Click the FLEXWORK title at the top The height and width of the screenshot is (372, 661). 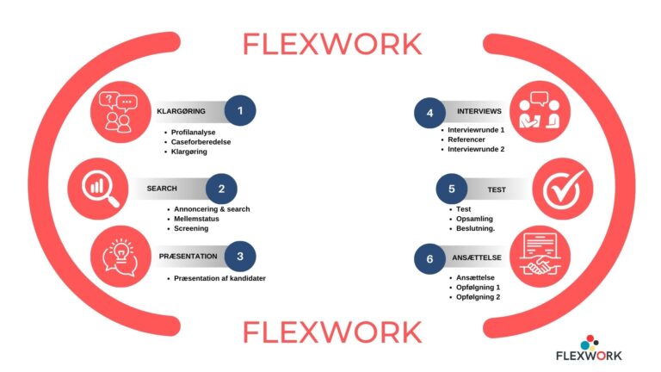(x=331, y=43)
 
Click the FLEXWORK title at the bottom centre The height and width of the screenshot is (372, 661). (x=331, y=331)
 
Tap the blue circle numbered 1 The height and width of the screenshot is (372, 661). (x=240, y=111)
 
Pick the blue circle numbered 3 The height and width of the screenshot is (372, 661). (x=240, y=256)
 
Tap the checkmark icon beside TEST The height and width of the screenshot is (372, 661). (x=564, y=188)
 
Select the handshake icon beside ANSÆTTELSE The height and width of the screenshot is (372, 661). (x=541, y=257)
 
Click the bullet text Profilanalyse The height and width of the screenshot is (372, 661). (x=195, y=133)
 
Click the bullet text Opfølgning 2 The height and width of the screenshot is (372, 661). (x=479, y=297)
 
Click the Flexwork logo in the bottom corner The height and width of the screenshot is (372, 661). (x=588, y=348)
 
